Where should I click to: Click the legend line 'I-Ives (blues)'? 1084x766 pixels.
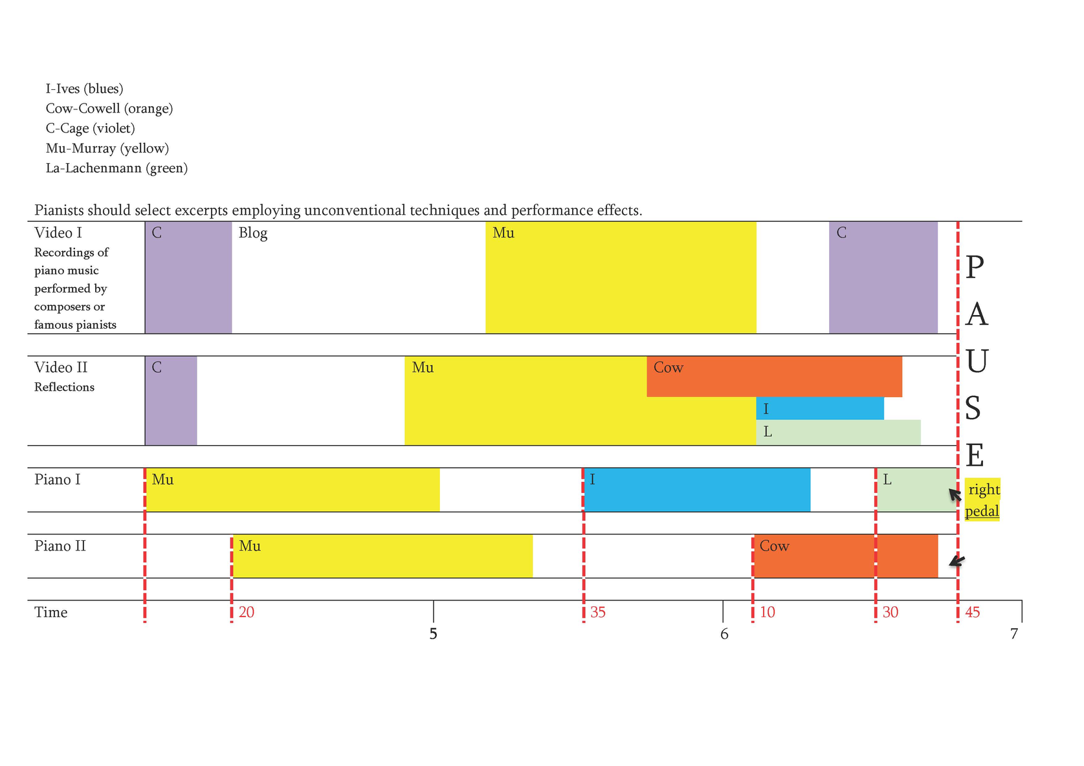tap(84, 89)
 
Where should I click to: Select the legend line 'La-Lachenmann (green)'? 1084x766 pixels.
tap(116, 168)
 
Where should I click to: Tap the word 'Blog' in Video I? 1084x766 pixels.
tap(252, 233)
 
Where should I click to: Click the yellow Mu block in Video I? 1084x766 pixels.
tap(620, 278)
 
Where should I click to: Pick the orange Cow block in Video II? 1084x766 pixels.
tap(773, 377)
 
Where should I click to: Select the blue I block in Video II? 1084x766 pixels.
tap(819, 409)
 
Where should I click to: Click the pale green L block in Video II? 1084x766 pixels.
tap(838, 432)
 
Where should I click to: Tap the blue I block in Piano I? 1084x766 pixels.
tap(697, 490)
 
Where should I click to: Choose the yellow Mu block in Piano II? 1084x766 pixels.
tap(382, 556)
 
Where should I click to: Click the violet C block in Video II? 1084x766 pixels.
tap(171, 401)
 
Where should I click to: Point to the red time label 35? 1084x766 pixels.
tap(598, 613)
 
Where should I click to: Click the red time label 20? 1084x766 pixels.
tap(247, 613)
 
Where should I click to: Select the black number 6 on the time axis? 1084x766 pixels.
tap(724, 635)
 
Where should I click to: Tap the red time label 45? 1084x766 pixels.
tap(972, 613)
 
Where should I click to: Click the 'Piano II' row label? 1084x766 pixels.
tap(60, 546)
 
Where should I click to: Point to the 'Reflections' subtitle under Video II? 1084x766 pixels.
tap(64, 387)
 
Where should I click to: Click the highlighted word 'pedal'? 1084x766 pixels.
tap(982, 511)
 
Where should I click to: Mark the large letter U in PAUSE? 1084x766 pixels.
tap(976, 362)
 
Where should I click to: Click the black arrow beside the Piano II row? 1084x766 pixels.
tap(957, 561)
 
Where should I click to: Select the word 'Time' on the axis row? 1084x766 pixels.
tap(50, 613)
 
